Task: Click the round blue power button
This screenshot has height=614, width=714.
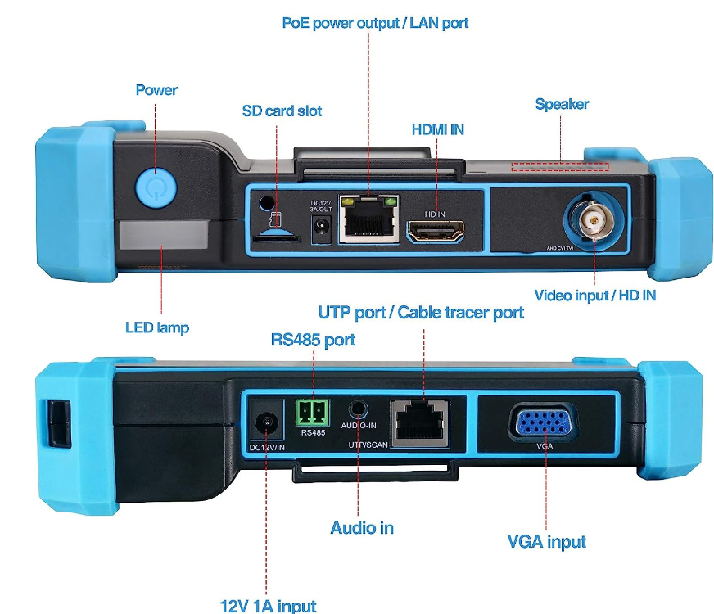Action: click(156, 187)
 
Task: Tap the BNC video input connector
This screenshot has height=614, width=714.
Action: click(594, 220)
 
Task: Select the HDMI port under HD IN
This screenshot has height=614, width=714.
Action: click(436, 231)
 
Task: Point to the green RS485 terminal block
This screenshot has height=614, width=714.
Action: click(313, 413)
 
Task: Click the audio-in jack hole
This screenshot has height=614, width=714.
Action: click(359, 409)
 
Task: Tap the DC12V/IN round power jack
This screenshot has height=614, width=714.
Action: click(266, 422)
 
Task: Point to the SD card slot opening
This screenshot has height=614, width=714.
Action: click(277, 237)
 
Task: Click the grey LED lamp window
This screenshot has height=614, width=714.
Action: click(163, 235)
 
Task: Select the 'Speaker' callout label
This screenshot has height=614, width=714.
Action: click(562, 104)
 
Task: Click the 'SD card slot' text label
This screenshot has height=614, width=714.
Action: click(282, 111)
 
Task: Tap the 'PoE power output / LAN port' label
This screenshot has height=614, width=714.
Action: click(375, 23)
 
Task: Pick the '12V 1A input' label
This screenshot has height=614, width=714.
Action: click(268, 606)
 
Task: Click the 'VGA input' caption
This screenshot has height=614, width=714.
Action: click(546, 542)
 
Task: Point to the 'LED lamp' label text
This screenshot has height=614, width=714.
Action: click(157, 327)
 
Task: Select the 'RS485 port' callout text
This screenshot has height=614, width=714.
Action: click(313, 340)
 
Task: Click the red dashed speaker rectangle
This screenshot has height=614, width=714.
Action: click(559, 166)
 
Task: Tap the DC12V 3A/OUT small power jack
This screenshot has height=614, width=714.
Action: click(322, 226)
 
